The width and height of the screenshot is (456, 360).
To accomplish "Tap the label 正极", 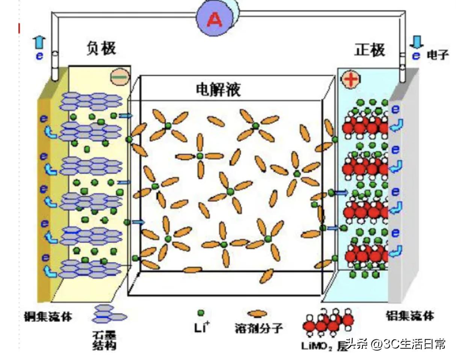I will click(370, 50).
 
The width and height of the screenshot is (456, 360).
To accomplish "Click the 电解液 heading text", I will click(218, 90).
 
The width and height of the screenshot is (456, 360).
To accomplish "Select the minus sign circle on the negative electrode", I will click(120, 77).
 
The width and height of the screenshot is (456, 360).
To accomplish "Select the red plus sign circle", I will click(351, 79).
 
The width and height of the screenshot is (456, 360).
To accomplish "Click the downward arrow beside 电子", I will click(416, 42).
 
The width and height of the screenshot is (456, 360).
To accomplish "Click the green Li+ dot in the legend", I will click(201, 313).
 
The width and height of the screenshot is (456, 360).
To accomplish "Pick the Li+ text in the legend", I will click(202, 328).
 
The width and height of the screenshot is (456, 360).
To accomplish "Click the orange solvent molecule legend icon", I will click(257, 313).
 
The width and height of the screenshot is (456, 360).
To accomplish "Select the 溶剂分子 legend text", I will click(258, 328).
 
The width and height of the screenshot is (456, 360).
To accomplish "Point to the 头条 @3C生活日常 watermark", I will click(396, 344).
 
